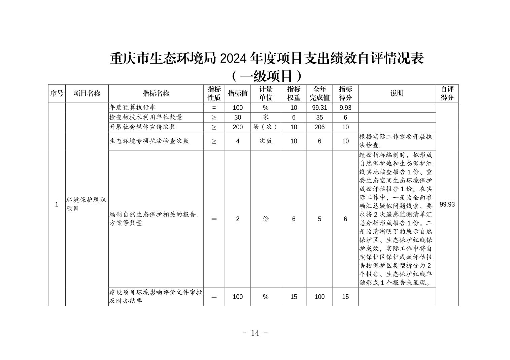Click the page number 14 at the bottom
point(255,333)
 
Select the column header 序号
point(57,94)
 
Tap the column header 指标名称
point(156,94)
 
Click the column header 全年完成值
point(319,94)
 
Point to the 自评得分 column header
point(447,94)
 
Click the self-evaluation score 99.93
point(447,204)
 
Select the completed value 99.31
point(319,108)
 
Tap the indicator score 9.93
point(345,108)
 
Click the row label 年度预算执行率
point(133,107)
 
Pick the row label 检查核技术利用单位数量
point(146,117)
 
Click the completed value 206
point(319,127)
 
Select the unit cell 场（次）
point(266,127)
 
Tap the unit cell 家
point(266,117)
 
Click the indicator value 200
point(238,127)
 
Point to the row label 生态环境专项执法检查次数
point(149,141)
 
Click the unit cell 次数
point(266,141)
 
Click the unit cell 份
point(266,219)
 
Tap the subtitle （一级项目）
point(266,76)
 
